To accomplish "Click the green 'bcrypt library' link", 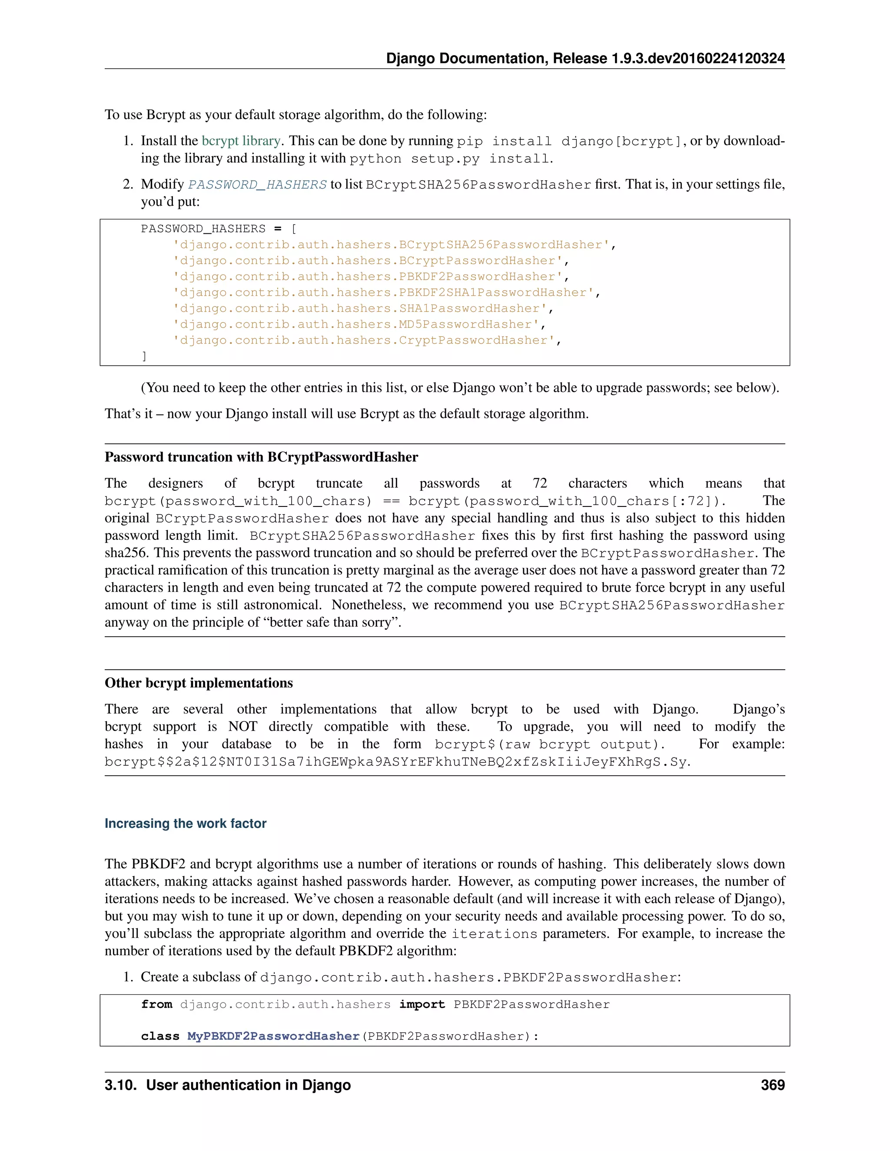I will tap(241, 141).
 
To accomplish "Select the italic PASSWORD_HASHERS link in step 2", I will tap(257, 185).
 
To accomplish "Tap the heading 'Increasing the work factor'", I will tap(185, 823).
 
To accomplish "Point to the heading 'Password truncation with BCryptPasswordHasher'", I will tap(261, 457).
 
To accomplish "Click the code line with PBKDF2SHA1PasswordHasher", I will tap(386, 292).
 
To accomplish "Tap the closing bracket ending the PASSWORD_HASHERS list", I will tap(144, 356).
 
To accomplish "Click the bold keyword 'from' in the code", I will tap(156, 1005).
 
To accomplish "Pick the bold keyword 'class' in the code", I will tap(160, 1036).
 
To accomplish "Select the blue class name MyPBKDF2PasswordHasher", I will tap(273, 1036).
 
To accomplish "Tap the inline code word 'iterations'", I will tap(494, 934).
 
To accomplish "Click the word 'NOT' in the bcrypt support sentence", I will tap(242, 727).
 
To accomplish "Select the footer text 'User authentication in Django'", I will tap(248, 1085).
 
